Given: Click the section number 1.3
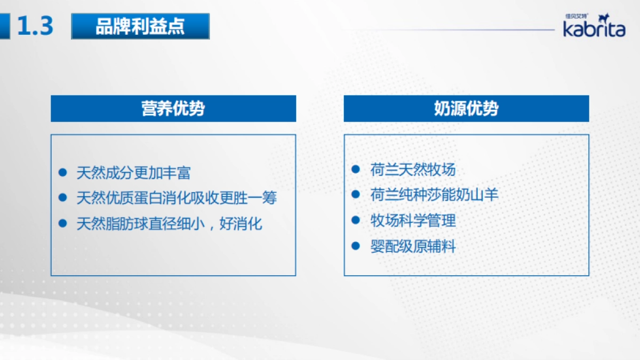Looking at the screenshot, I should (x=35, y=26).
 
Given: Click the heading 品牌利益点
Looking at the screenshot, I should (x=140, y=26).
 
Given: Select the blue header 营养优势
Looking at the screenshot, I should (x=173, y=108).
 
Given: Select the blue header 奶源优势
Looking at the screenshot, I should (x=466, y=108).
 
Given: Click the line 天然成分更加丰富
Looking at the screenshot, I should (x=133, y=172).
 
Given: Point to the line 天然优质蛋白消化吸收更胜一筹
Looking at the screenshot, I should (x=177, y=198).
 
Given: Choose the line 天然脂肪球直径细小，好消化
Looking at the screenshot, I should (x=169, y=223).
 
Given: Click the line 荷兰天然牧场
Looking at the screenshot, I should (x=413, y=170).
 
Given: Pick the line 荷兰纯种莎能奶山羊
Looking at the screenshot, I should (x=434, y=195).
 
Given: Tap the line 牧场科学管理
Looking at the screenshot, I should (x=413, y=220).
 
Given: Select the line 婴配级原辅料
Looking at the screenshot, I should (x=413, y=246).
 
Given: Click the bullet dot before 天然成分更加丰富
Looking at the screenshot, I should (x=62, y=172).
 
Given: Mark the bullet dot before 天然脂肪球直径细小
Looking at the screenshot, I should (x=62, y=223).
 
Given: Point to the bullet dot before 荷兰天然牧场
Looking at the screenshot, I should (x=356, y=170).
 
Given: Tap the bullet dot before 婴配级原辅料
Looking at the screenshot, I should (x=356, y=246).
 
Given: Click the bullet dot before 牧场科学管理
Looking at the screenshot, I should (x=356, y=220).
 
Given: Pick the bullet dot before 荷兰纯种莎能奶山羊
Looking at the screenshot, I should (x=356, y=195).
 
